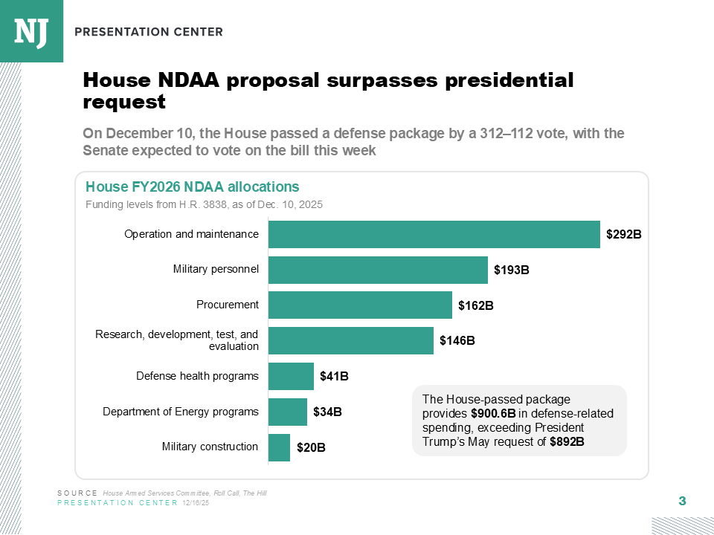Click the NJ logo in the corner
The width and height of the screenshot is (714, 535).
coord(31,31)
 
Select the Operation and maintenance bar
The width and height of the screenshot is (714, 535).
coord(434,234)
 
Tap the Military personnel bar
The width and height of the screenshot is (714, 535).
coord(378,270)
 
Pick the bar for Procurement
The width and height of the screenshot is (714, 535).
coord(360,305)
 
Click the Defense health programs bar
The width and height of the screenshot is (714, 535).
coord(291,376)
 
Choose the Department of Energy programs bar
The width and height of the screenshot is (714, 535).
coord(288,412)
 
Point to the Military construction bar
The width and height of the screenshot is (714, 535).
coord(279,447)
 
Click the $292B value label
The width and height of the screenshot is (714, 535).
coord(623,235)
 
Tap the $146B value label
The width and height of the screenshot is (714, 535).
coord(457,341)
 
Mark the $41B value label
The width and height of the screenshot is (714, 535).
coord(334,377)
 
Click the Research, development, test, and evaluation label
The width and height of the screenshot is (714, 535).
coord(177,340)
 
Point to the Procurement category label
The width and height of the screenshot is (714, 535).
coord(228,305)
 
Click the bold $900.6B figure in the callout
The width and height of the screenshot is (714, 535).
coord(493,413)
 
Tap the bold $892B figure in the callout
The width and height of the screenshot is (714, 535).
coord(567,441)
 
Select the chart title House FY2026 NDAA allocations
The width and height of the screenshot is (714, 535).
coord(193,187)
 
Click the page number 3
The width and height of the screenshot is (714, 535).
coord(682,502)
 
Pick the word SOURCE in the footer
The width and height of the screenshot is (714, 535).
coord(77,493)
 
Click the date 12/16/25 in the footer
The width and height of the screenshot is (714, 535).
coord(196,503)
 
